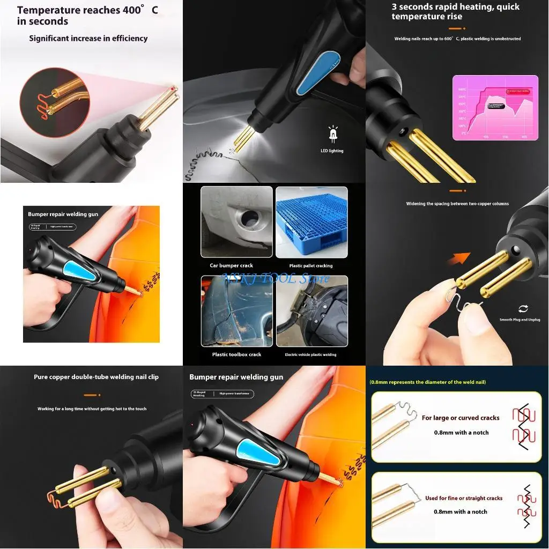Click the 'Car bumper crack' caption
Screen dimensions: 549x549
231,265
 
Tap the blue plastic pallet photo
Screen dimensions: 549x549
311,221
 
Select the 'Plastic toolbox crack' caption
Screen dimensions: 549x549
236,354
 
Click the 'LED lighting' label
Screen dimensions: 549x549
331,151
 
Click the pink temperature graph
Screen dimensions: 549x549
495,107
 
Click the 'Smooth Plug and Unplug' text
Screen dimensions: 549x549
523,320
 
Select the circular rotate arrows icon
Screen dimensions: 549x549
523,308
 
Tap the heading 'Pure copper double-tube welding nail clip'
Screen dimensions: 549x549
96,377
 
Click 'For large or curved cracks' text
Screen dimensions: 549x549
461,418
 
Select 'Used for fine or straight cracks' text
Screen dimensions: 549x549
464,498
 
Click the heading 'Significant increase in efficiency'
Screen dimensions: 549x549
88,39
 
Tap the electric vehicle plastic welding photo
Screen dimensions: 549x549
311,311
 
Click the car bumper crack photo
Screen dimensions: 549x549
236,221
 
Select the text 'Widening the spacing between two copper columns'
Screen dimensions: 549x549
457,204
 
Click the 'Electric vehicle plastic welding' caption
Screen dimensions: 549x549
310,354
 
